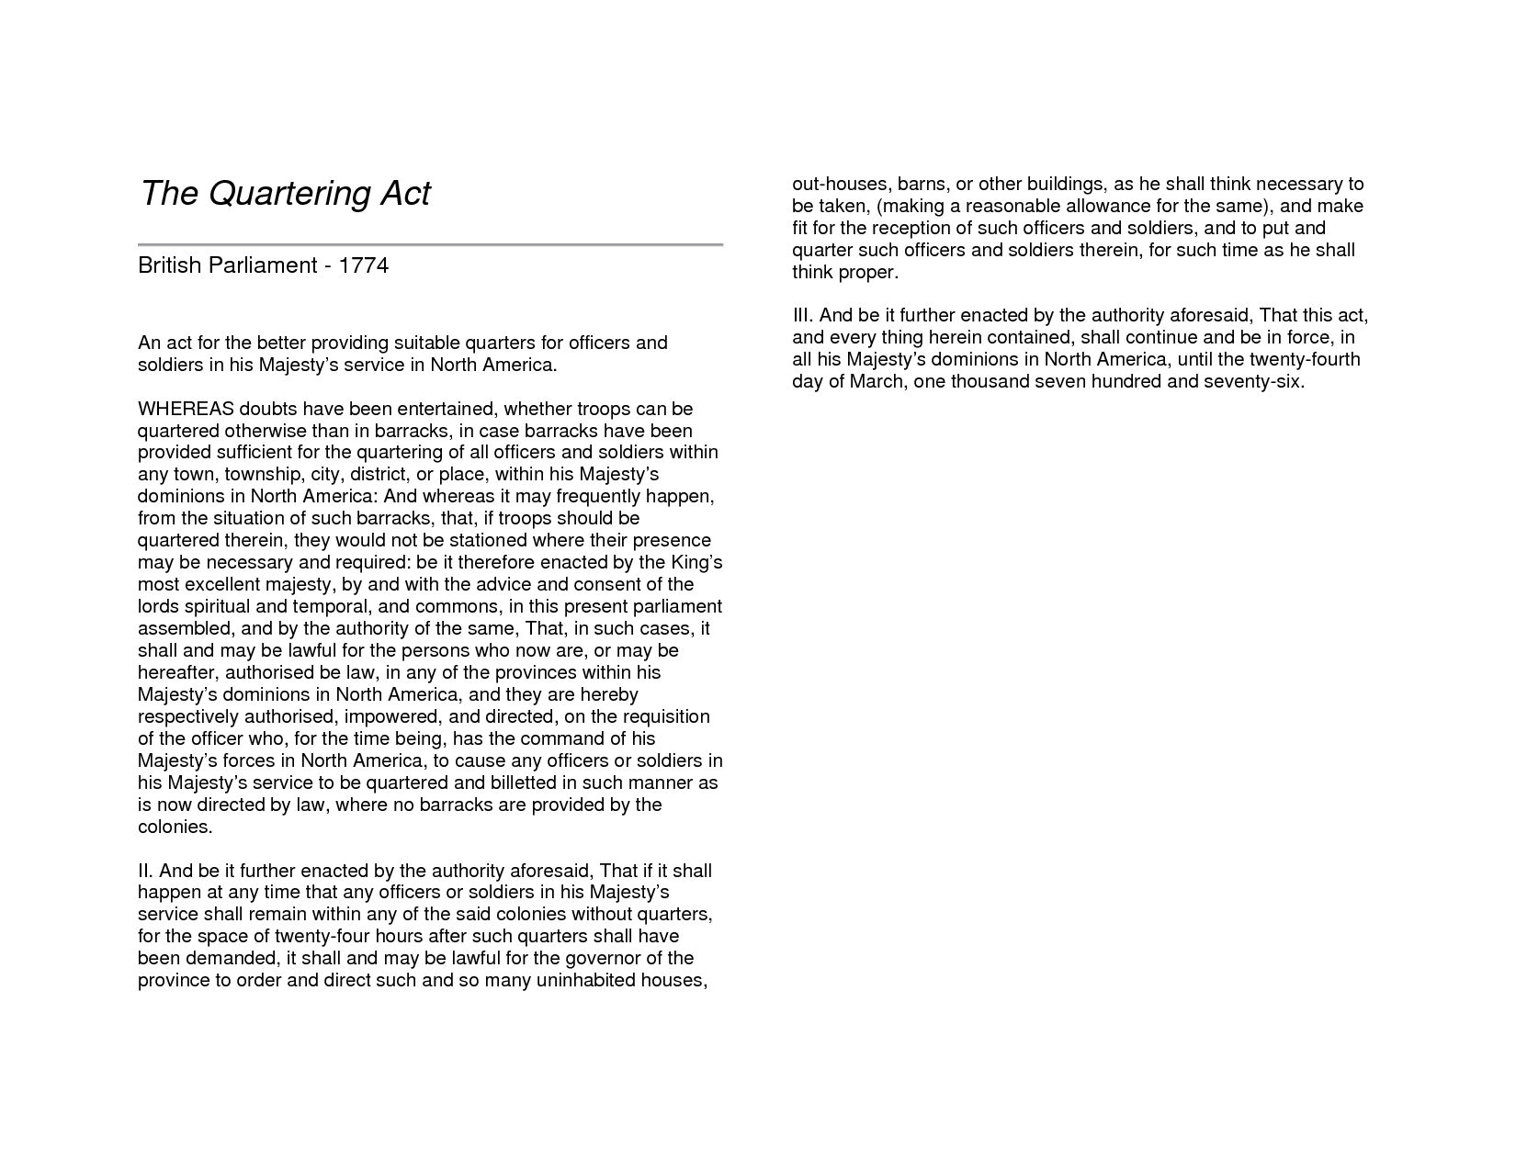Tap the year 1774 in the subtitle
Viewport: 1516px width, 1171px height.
364,265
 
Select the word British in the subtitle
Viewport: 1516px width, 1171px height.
169,265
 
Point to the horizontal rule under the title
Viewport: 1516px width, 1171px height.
430,245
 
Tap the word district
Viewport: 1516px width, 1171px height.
382,475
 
